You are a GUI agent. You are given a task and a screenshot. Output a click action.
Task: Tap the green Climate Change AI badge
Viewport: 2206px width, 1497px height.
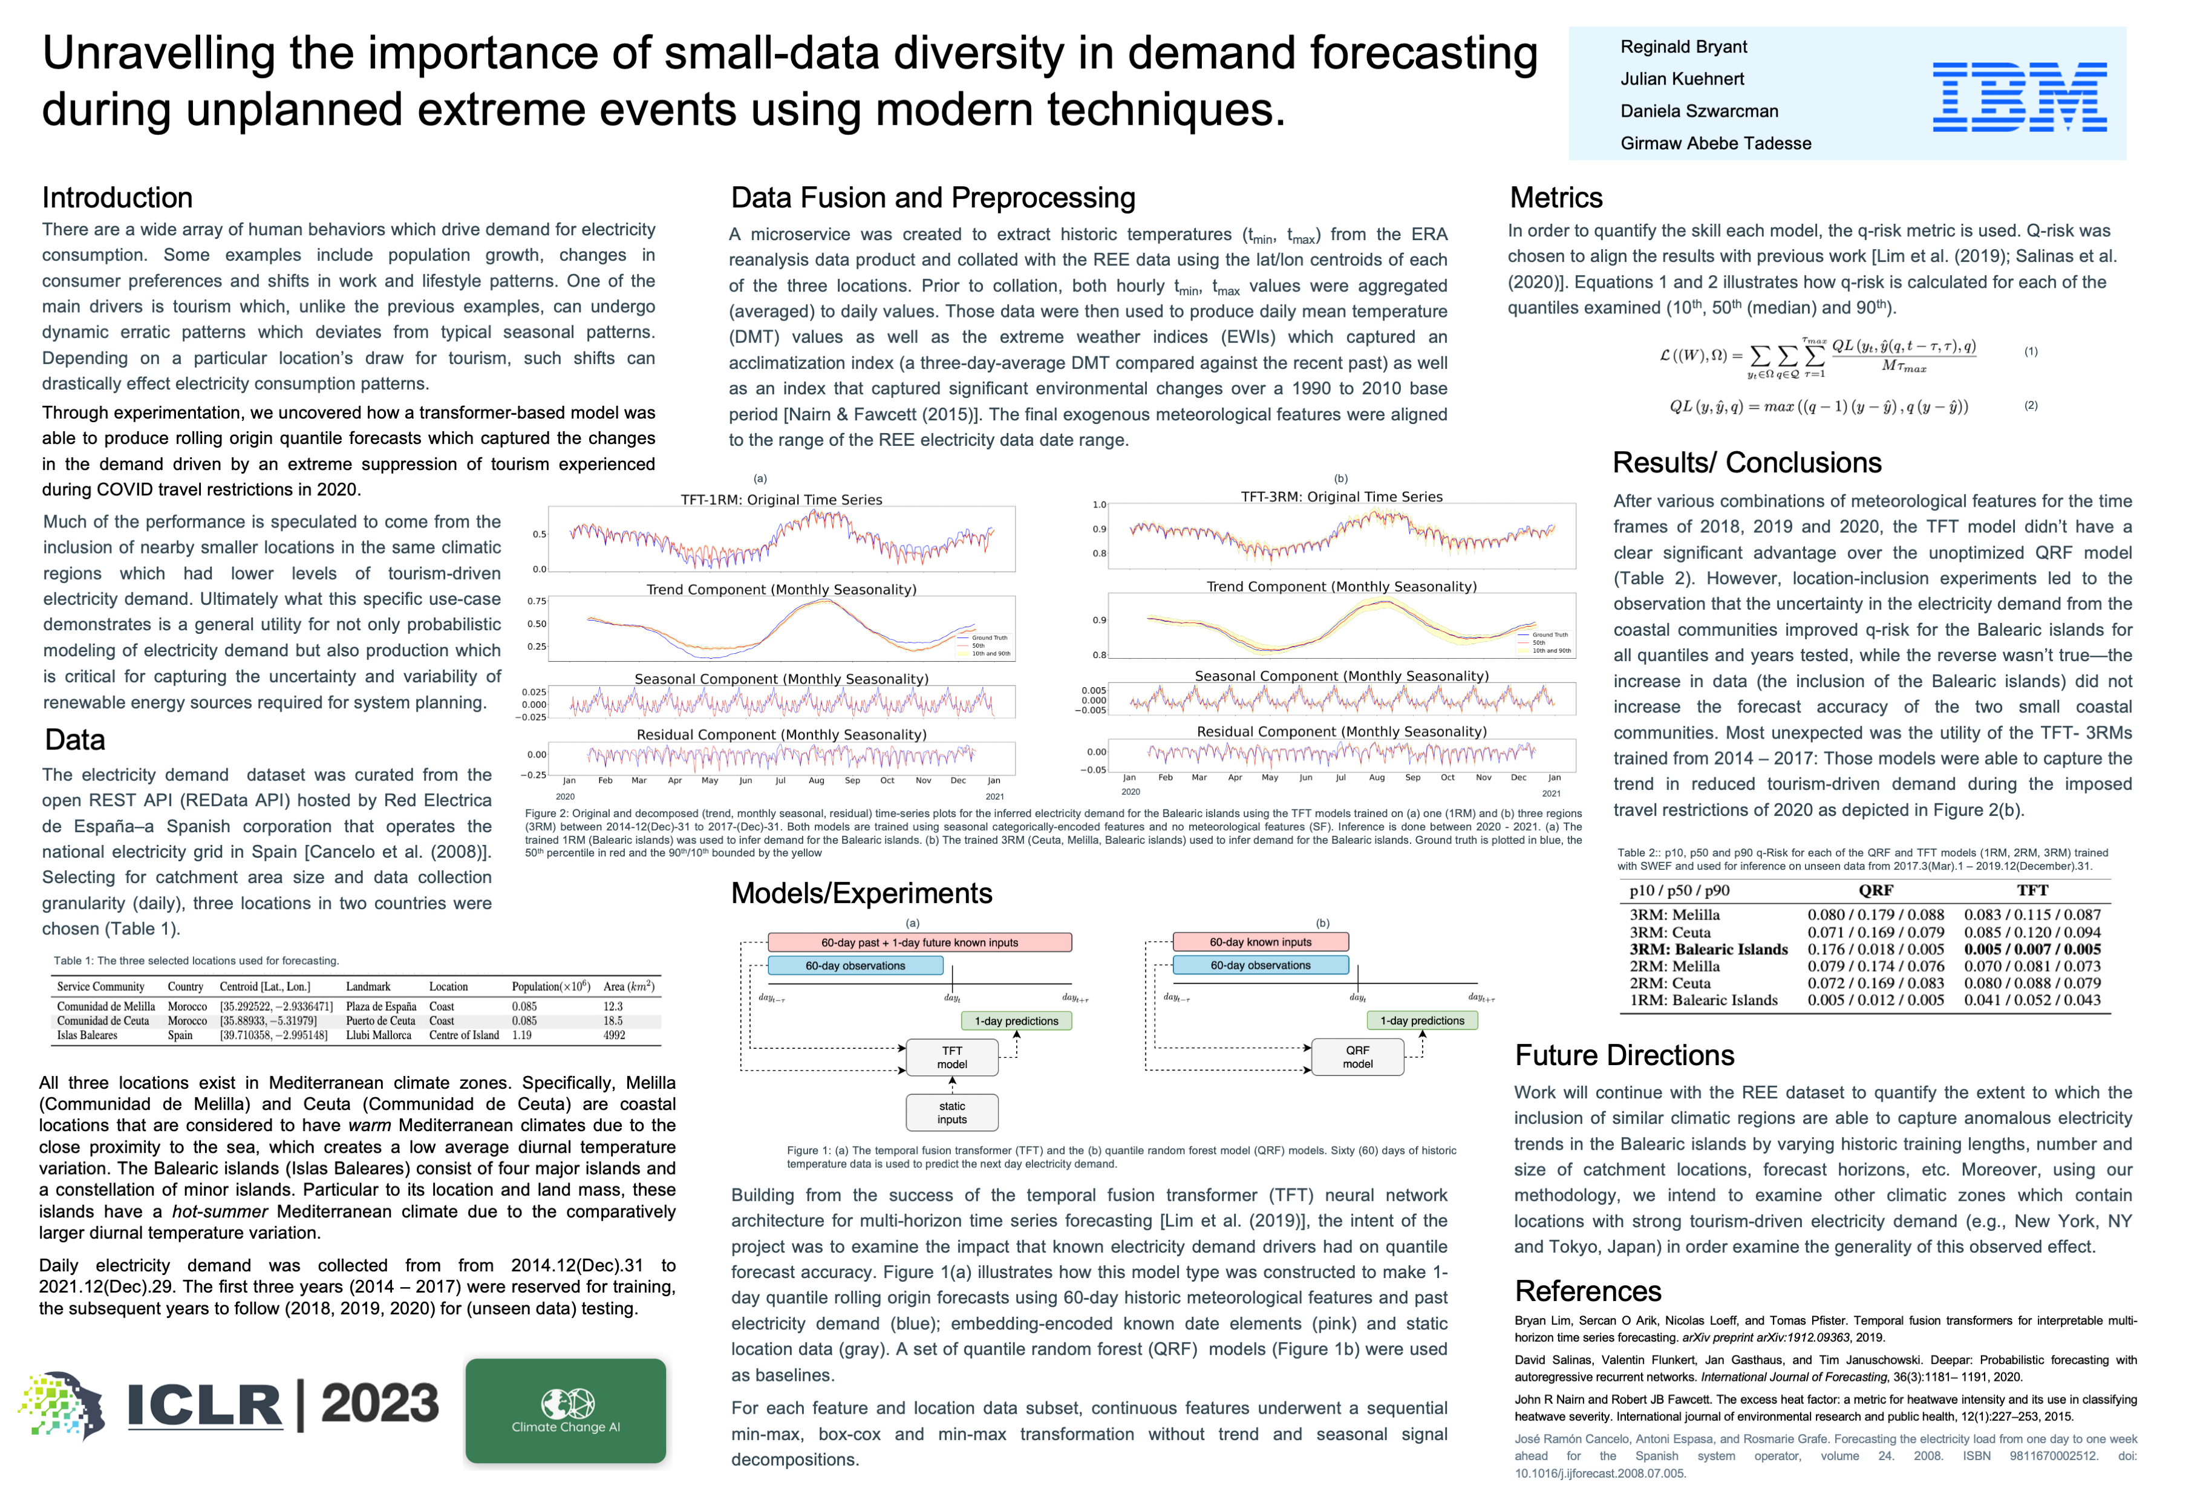pos(566,1410)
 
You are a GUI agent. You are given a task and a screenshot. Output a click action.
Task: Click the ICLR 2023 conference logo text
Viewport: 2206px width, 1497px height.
pos(283,1405)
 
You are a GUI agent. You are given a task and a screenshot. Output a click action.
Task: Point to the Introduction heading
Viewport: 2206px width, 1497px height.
pos(117,197)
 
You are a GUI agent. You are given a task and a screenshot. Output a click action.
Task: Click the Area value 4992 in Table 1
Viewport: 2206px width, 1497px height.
pos(614,1035)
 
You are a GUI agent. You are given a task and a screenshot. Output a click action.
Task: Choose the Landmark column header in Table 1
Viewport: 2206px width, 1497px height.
pos(367,987)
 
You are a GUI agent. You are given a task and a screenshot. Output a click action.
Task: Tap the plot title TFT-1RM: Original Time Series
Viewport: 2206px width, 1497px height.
pos(782,500)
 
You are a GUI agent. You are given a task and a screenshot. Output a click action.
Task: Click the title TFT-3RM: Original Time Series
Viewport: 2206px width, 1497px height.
pos(1341,497)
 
